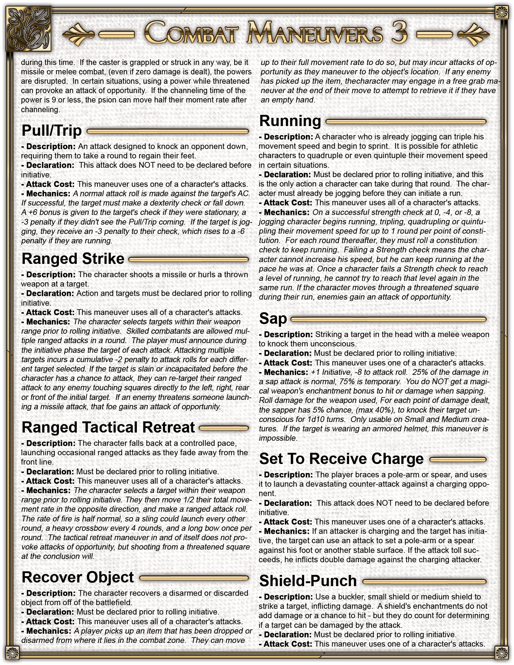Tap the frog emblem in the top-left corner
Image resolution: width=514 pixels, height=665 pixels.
pos(29,29)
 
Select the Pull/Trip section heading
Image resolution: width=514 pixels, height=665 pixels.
pos(52,131)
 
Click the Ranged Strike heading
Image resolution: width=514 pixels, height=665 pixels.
pos(73,259)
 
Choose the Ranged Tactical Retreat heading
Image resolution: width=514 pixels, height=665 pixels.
pos(108,427)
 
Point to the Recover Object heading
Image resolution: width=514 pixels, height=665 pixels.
pos(78,577)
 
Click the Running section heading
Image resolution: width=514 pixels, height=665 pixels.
pos(290,121)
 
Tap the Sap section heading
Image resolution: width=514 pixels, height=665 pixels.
pos(273,319)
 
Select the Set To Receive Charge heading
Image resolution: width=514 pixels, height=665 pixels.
pos(341,459)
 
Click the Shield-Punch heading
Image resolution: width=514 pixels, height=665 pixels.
pos(308,581)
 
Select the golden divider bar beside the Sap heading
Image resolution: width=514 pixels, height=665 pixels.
pos(388,319)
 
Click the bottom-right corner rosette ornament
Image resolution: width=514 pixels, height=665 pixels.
pos(501,652)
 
